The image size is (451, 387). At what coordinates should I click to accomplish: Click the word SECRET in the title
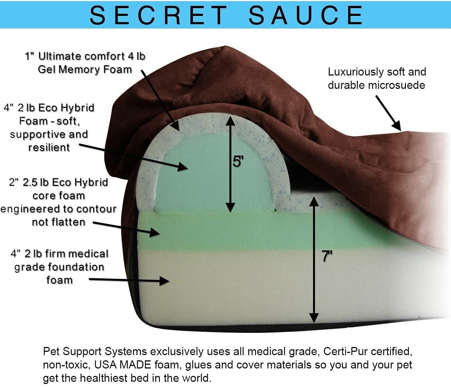pos(159,15)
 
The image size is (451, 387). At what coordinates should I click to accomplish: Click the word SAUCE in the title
pos(305,15)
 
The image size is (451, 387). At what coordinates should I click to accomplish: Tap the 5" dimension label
pos(238,161)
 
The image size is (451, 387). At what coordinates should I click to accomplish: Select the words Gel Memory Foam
pos(85,70)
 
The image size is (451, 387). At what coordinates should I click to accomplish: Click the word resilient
pos(49,147)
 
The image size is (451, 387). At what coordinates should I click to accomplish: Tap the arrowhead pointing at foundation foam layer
pos(164,281)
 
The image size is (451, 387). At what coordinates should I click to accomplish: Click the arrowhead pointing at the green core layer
pos(155,233)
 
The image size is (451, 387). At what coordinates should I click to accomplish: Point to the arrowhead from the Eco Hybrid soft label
pos(183,167)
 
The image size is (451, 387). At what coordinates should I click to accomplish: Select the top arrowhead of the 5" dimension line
pos(230,120)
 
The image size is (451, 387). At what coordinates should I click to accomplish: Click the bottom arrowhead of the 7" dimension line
pos(314,318)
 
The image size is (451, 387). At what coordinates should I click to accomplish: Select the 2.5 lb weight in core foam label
pos(36,182)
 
